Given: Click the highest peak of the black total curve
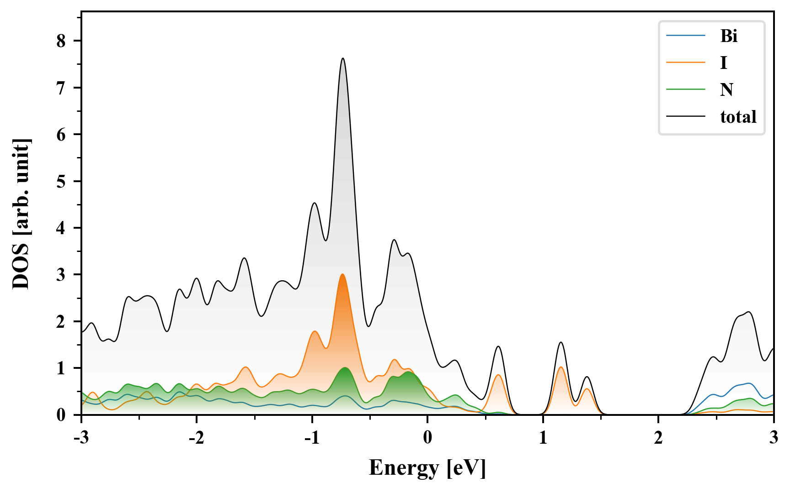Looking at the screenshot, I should [x=342, y=58].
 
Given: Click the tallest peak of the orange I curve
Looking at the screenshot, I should [x=342, y=274].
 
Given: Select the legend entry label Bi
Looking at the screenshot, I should [x=729, y=36].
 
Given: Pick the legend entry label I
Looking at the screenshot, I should [x=723, y=63].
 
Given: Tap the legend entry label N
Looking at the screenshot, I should [x=726, y=89].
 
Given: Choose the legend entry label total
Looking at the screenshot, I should [x=738, y=117].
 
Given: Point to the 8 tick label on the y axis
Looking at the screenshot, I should [x=61, y=41].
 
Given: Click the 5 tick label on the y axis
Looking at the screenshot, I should [x=61, y=181].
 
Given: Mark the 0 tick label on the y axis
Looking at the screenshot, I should [x=61, y=414].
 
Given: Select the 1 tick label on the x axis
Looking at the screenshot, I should [x=543, y=438].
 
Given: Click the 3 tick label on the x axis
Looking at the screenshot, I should [x=774, y=438].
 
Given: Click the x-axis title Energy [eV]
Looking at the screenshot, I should [x=427, y=468].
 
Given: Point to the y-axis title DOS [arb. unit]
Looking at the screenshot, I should [x=21, y=214].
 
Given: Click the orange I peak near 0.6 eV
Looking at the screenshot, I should [x=498, y=375].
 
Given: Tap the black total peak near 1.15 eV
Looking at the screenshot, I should [x=561, y=342].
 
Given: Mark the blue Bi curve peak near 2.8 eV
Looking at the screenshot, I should [x=748, y=383].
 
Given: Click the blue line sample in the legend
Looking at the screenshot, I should [x=685, y=36].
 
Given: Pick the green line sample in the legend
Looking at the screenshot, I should [x=685, y=89].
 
